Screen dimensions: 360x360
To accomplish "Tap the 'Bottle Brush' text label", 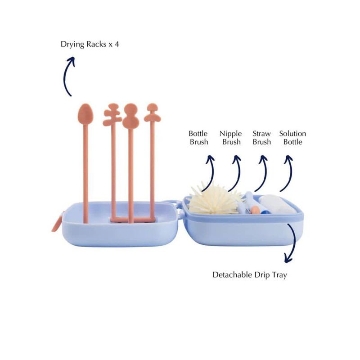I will click(198, 138).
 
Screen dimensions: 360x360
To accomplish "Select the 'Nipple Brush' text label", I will click(230, 138).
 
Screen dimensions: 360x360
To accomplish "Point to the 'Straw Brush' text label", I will click(261, 138).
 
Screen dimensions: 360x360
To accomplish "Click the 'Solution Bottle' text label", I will click(292, 138).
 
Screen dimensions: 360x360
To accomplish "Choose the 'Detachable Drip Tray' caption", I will click(249, 274).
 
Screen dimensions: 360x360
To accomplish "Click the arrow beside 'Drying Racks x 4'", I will click(67, 76).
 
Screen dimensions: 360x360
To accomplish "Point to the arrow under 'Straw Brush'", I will click(262, 173).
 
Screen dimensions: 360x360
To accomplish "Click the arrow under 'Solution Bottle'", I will click(287, 173).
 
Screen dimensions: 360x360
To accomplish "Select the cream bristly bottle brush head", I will click(211, 200).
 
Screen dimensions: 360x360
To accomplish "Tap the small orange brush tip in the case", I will click(255, 209).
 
